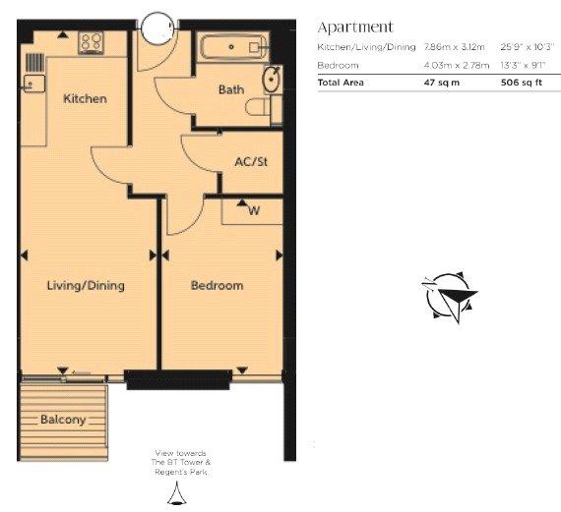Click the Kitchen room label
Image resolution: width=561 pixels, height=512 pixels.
point(85,98)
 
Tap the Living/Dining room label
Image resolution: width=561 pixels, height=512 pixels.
point(86,286)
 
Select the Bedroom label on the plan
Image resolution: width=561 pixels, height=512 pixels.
point(218,285)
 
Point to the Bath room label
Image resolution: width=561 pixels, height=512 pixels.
point(231,89)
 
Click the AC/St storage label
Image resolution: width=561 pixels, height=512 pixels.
point(251,162)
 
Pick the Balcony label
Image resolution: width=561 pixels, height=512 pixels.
point(63,420)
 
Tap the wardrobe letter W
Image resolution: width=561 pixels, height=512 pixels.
point(254,211)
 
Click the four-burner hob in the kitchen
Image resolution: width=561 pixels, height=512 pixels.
point(92,43)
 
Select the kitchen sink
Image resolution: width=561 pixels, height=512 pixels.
point(34,84)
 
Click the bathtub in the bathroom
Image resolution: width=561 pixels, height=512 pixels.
point(233,47)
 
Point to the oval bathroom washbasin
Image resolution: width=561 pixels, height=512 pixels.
point(273,80)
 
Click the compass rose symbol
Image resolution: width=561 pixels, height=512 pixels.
point(450,297)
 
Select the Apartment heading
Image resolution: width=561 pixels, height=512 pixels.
point(355,28)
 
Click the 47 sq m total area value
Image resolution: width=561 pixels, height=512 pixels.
point(442,83)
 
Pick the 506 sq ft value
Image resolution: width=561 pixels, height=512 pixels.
point(522,83)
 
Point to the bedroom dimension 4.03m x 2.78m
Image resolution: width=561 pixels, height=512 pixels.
point(457,66)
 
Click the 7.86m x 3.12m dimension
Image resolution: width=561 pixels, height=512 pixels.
point(455,47)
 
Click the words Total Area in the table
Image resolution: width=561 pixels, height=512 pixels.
point(341,83)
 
